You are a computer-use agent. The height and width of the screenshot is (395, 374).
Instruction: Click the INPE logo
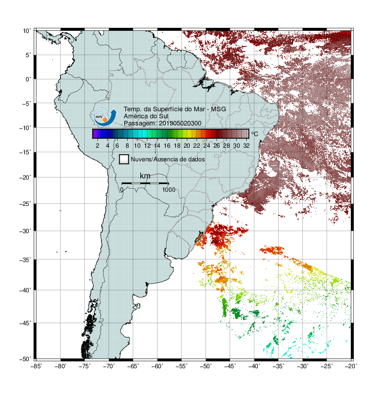[x=105, y=116]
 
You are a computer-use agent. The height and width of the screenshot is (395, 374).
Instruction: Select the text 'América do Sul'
[x=146, y=116]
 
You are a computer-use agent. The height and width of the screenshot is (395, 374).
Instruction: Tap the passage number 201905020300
[x=180, y=123]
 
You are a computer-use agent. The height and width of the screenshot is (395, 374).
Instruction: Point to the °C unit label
[x=254, y=134]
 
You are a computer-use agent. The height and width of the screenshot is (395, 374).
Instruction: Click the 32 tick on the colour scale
[x=246, y=146]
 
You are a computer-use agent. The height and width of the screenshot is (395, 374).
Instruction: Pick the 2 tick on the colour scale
[x=97, y=146]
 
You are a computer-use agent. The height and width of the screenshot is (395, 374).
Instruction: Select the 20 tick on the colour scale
[x=187, y=146]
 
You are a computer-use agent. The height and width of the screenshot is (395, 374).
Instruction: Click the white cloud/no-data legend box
[x=124, y=159]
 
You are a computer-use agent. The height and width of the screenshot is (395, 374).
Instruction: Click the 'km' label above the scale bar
[x=145, y=176]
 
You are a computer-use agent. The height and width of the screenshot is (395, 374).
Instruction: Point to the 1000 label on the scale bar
[x=169, y=190]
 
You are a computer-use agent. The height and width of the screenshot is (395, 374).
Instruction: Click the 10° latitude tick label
[x=27, y=31]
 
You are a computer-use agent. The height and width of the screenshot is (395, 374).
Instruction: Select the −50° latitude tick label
[x=25, y=359]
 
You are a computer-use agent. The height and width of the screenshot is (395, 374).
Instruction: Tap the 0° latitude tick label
[x=28, y=79]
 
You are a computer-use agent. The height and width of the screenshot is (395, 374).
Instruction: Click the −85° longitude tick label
[x=36, y=366]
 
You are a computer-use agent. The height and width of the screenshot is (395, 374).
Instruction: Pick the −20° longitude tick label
[x=351, y=366]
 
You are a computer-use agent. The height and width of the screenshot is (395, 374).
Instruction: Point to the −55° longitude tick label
[x=182, y=366]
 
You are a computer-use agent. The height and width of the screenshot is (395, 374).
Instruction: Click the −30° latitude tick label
[x=25, y=231]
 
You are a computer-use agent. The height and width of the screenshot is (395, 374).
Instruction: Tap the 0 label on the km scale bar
[x=122, y=190]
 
